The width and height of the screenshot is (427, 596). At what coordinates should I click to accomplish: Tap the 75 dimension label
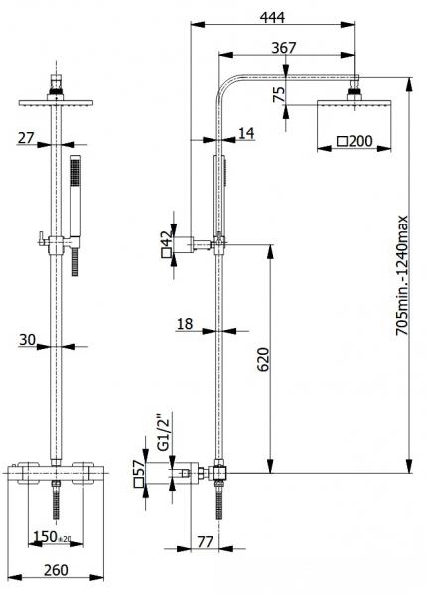coord(280,93)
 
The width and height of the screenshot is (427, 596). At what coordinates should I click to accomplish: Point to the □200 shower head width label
coord(355,142)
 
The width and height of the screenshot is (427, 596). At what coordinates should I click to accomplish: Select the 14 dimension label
coord(245,132)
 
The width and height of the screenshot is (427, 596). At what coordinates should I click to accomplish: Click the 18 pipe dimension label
coord(185,324)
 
